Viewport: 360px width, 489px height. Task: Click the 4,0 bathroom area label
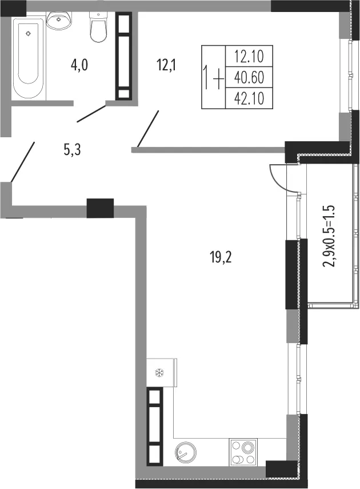pyautogui.click(x=79, y=66)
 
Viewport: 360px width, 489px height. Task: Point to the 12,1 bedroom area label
pyautogui.click(x=166, y=66)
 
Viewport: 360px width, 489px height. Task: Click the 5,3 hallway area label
pyautogui.click(x=73, y=150)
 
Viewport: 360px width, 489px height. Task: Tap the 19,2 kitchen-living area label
pyautogui.click(x=221, y=258)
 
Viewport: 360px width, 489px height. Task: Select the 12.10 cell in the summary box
pyautogui.click(x=249, y=57)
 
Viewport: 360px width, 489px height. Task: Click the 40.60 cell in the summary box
pyautogui.click(x=249, y=77)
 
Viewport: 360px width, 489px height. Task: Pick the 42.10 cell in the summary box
pyautogui.click(x=249, y=98)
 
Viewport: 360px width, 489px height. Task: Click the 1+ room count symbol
pyautogui.click(x=214, y=77)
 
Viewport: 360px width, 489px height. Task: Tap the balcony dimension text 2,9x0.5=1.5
pyautogui.click(x=330, y=236)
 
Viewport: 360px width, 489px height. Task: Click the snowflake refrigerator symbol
pyautogui.click(x=160, y=372)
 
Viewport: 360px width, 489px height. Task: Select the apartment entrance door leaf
pyautogui.click(x=22, y=161)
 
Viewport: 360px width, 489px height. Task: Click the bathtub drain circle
pyautogui.click(x=29, y=33)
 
